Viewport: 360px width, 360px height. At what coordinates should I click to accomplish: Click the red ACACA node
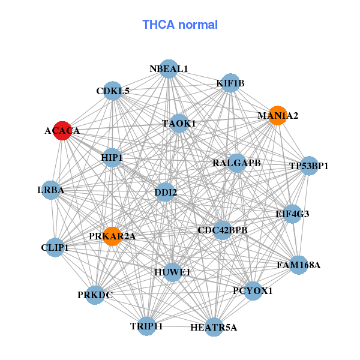click(x=62, y=130)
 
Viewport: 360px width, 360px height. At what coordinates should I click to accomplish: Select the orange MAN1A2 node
click(x=277, y=115)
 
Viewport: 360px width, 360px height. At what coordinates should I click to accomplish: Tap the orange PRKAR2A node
click(x=112, y=236)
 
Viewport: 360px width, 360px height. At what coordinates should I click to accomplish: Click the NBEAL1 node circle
click(x=169, y=69)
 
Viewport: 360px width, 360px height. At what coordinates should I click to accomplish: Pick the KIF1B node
click(x=230, y=83)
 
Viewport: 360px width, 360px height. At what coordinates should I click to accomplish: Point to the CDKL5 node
click(x=113, y=91)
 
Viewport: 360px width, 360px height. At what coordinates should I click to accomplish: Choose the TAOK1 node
click(x=179, y=123)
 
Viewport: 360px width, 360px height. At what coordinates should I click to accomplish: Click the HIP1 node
click(x=112, y=158)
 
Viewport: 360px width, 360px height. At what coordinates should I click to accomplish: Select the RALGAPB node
click(x=237, y=163)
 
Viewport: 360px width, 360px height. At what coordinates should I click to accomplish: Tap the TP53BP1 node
click(x=308, y=166)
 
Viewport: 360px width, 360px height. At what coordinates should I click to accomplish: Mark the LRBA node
click(x=50, y=191)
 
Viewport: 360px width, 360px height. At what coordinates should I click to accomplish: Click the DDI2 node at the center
click(x=166, y=193)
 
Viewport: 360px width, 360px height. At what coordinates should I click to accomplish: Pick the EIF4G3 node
click(x=292, y=214)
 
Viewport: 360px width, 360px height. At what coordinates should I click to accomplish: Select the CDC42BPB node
click(x=223, y=230)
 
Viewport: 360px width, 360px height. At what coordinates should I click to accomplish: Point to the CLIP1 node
click(x=55, y=247)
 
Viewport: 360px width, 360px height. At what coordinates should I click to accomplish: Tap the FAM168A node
click(x=299, y=264)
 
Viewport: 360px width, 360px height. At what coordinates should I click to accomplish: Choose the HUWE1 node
click(x=173, y=272)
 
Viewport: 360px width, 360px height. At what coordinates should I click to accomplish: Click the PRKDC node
click(x=95, y=295)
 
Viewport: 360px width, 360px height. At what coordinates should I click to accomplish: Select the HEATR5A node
click(x=214, y=327)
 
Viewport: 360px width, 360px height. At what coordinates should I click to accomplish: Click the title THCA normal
click(x=180, y=25)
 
